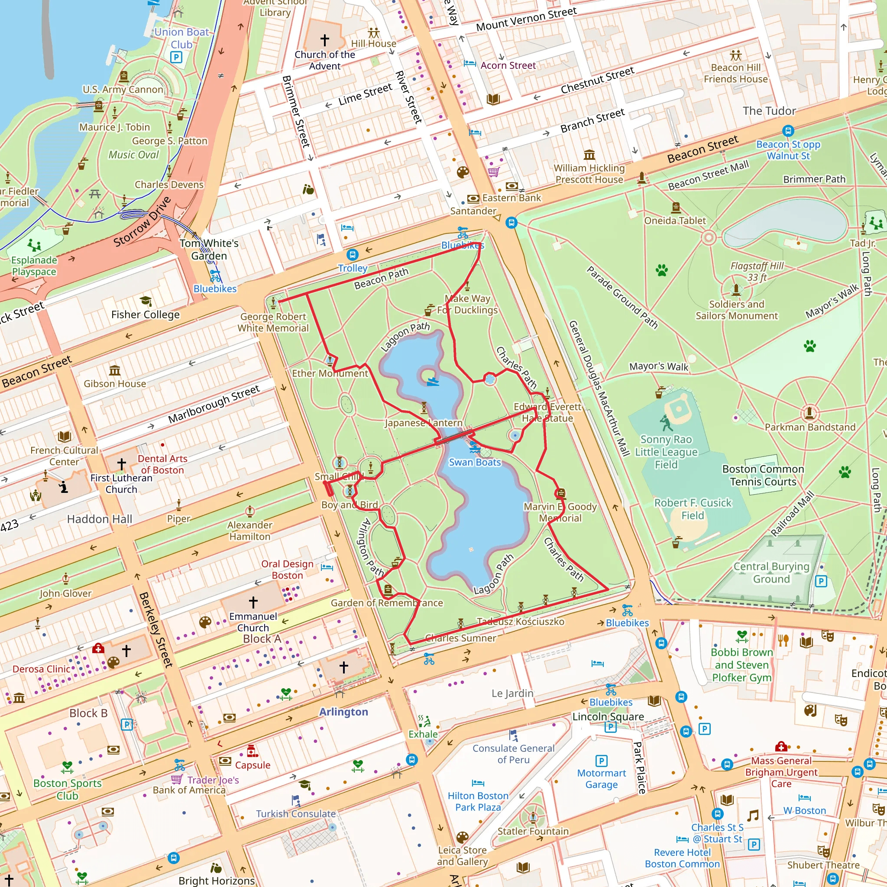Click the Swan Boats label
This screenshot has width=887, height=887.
475,462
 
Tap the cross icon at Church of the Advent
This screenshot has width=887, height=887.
324,40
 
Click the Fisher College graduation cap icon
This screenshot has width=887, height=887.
146,301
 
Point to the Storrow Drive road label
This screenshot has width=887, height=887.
142,222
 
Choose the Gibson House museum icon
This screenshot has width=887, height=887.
115,370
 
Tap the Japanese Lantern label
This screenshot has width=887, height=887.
423,423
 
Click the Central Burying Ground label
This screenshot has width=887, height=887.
771,573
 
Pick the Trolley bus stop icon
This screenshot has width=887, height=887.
352,254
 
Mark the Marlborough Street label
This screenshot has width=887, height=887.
214,404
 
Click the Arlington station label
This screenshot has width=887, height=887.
343,712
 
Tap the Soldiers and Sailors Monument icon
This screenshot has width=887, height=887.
736,289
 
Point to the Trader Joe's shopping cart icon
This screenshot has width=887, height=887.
176,779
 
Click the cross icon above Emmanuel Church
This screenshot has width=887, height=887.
253,602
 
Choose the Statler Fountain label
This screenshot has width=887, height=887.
533,831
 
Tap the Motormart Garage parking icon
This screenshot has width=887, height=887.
602,761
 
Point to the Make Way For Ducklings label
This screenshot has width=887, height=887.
467,304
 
